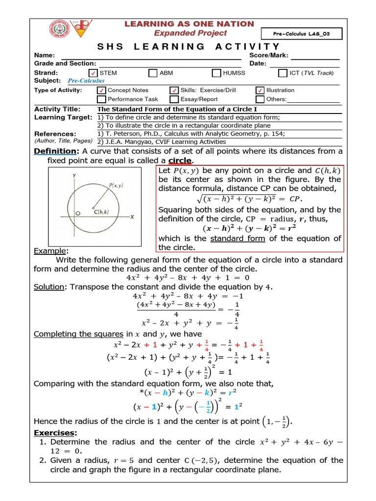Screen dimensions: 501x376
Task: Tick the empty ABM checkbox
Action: (152, 73)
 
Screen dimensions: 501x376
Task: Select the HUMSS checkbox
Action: (216, 73)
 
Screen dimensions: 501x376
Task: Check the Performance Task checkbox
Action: (101, 99)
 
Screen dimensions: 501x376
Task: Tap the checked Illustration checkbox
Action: (260, 91)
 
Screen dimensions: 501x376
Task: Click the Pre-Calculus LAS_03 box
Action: (307, 34)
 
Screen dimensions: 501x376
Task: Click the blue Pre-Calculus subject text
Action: (86, 81)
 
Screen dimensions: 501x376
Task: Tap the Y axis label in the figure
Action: (74, 175)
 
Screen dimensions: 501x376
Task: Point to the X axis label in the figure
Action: (133, 216)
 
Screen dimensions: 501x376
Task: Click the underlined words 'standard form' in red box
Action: (237, 238)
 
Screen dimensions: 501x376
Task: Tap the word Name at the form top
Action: (45, 56)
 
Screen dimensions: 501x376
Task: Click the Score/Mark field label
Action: (269, 56)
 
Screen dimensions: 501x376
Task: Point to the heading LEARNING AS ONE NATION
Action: (189, 24)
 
